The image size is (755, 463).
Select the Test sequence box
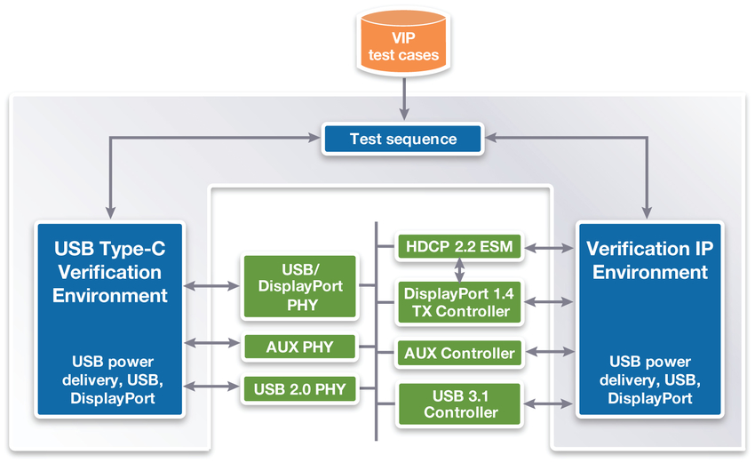coord(403,139)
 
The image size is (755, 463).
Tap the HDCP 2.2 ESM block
coord(458,246)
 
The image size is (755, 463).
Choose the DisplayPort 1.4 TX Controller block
coord(458,302)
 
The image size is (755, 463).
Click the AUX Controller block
coord(458,353)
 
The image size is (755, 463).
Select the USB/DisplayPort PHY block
coord(298,285)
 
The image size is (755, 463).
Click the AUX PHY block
coord(298,347)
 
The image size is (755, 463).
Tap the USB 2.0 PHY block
coord(298,388)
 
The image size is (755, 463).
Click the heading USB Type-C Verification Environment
coord(110,271)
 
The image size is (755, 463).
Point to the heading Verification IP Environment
coord(650,259)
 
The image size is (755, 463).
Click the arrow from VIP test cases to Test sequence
coord(404,98)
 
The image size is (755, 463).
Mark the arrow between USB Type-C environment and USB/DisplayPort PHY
coord(212,286)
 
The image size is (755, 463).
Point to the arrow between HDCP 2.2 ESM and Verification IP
coord(549,247)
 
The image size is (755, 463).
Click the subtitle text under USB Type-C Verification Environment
coord(110,380)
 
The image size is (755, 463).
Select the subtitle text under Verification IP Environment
coord(650,380)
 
